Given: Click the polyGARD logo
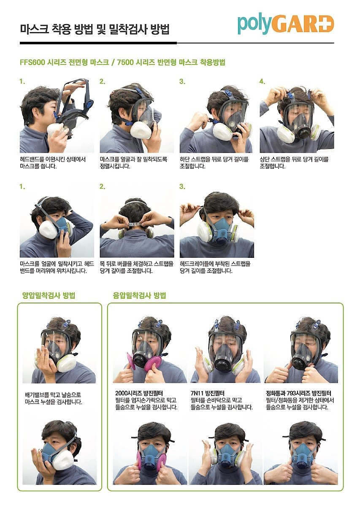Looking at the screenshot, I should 285,24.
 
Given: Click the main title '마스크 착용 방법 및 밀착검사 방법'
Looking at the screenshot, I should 95,30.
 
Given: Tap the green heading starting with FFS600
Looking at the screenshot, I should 122,62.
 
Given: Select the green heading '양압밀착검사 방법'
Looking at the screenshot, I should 49,295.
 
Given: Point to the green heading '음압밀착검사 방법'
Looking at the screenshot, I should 139,295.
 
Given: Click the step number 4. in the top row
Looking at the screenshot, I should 262,81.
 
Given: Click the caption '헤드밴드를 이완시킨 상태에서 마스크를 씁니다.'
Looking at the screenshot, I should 53,162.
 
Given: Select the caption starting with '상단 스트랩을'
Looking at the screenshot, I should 294,162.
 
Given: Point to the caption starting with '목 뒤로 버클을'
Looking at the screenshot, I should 136,267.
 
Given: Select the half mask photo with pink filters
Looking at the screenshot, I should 150,454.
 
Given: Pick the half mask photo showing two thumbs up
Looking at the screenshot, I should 300,454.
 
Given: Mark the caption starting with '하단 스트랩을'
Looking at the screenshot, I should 214,162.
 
